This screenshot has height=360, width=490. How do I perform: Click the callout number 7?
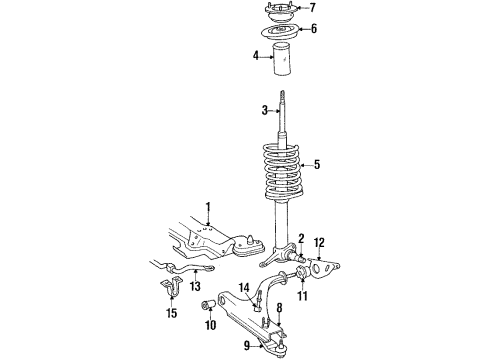point(313,8)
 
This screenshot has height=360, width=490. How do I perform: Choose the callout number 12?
point(320,243)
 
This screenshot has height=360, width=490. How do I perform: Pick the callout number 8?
point(280,309)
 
